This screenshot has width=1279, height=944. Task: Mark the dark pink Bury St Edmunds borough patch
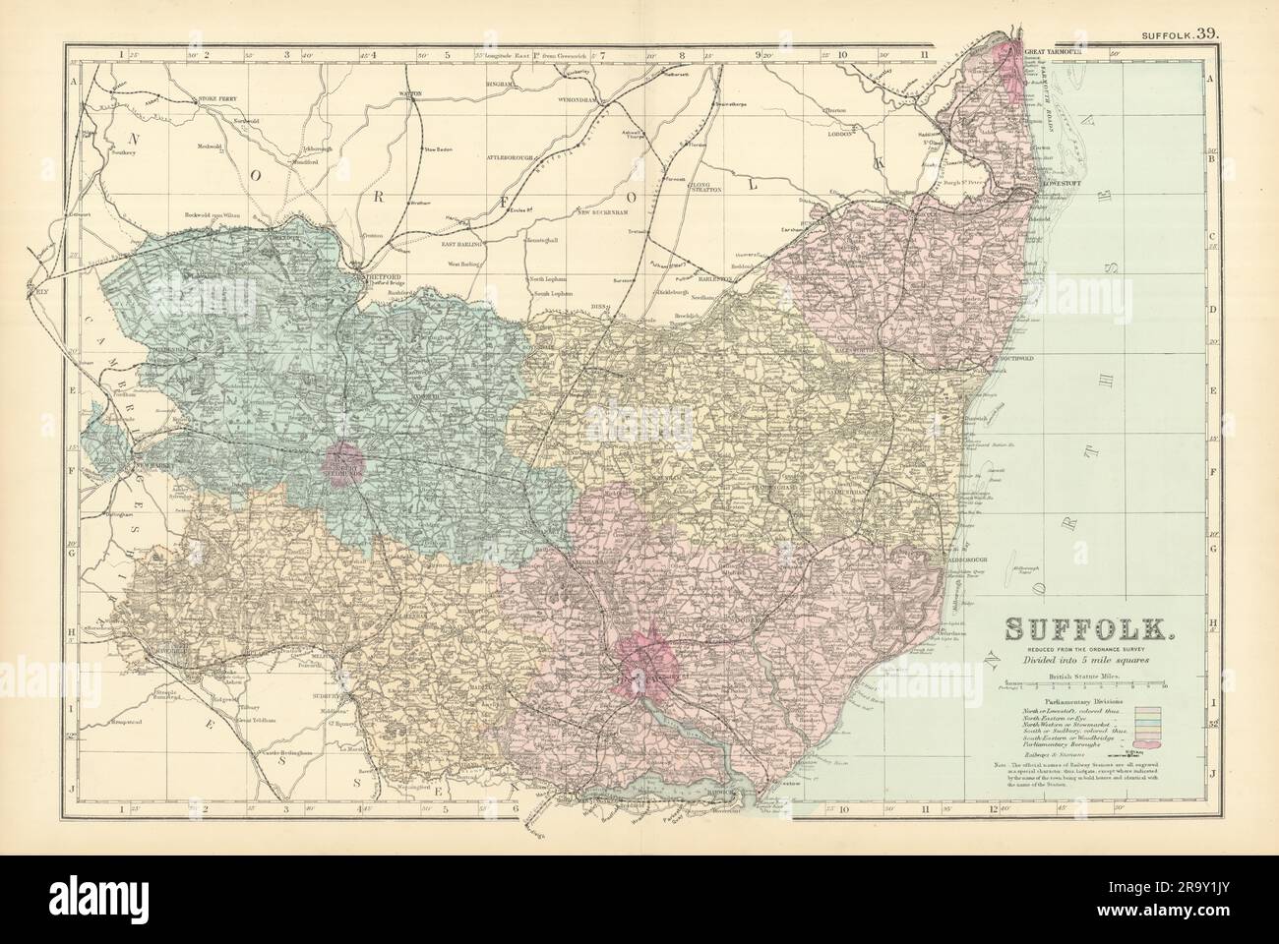(x=343, y=462)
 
